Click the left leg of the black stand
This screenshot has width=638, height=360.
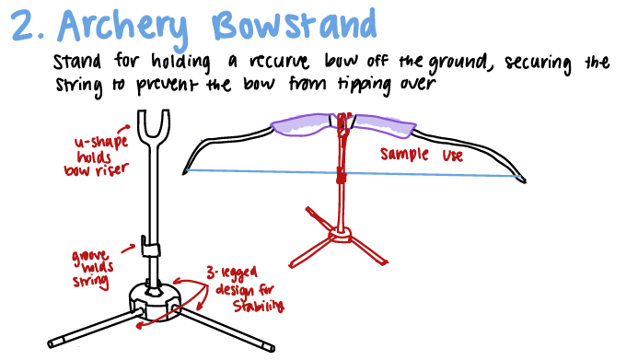tap(87, 326)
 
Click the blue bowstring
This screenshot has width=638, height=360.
tap(276, 172)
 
